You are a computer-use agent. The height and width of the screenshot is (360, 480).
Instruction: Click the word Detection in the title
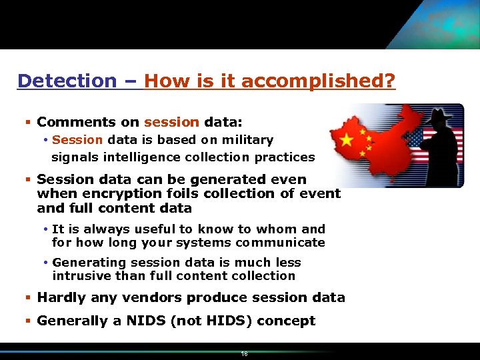pyautogui.click(x=67, y=81)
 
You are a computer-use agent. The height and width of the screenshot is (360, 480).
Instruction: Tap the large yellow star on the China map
pyautogui.click(x=347, y=140)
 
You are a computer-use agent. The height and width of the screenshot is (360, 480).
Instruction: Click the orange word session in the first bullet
pyautogui.click(x=171, y=122)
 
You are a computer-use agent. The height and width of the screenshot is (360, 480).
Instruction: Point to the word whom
pyautogui.click(x=268, y=229)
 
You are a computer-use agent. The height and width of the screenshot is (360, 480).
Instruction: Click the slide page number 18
pyautogui.click(x=244, y=354)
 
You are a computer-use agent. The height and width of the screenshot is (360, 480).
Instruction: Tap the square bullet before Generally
pyautogui.click(x=28, y=321)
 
